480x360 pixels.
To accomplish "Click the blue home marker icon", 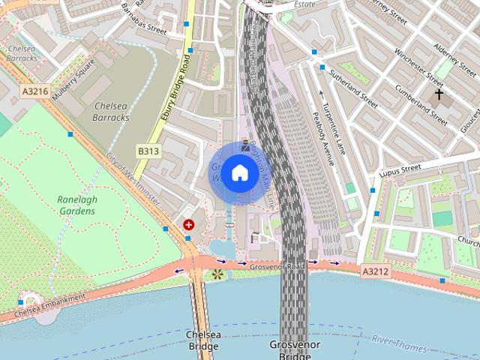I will (x=239, y=173).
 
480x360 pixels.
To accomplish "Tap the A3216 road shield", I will (x=35, y=91).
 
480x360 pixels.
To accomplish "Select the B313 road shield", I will (x=148, y=151).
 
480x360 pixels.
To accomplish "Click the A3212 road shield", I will (x=374, y=271).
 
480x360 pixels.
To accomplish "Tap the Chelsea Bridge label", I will (x=202, y=340).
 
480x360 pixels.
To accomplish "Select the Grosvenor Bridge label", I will (x=294, y=349).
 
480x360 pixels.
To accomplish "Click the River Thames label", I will (x=400, y=344).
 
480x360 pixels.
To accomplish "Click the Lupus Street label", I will (x=401, y=172).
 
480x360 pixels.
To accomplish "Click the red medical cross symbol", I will (x=188, y=224).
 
